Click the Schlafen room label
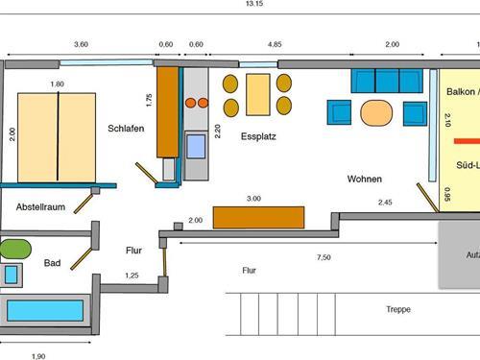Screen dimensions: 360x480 (126, 128)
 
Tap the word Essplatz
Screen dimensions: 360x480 (258, 137)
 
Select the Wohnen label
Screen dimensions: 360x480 (365, 180)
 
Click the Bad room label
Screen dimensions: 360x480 (54, 264)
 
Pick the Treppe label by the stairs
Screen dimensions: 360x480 (397, 311)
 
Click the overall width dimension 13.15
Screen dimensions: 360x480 (254, 4)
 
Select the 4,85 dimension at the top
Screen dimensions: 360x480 (274, 45)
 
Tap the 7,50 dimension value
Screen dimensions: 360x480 (324, 257)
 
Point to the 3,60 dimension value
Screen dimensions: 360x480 (81, 45)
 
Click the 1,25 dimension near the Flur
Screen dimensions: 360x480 (132, 276)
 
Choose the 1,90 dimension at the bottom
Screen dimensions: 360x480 (38, 355)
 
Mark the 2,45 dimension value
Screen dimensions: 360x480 (386, 203)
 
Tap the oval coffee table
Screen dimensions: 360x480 (376, 112)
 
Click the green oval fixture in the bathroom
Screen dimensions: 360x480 (14, 247)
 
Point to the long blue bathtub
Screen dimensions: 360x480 (44, 311)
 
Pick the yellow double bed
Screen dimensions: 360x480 (57, 135)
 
